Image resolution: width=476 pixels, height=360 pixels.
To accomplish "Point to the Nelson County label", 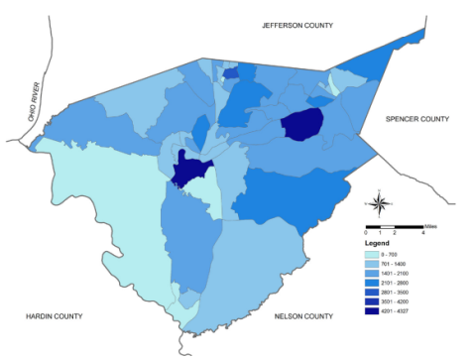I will click(302, 316).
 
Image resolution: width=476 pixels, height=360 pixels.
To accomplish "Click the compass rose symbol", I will click(380, 204).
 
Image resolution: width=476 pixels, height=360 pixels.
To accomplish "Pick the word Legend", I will click(377, 242).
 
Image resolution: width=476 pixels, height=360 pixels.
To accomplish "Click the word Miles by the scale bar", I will click(429, 225).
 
